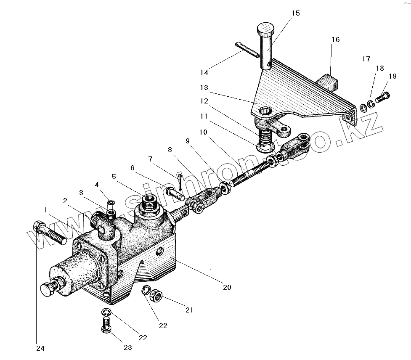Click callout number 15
click(295, 13)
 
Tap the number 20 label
click(227, 288)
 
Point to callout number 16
click(335, 40)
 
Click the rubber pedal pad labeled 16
click(329, 83)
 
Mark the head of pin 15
click(264, 30)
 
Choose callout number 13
click(204, 87)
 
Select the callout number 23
click(127, 347)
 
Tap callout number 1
click(45, 209)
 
